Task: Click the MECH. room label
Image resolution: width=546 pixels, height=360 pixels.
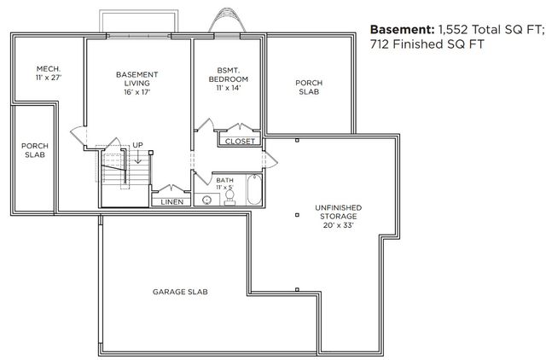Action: (46, 68)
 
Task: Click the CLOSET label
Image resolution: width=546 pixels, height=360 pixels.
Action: (240, 142)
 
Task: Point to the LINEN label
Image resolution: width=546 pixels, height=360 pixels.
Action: (171, 202)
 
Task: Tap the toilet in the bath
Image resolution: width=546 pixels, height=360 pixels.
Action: (229, 198)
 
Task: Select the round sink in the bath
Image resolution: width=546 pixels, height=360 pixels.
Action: (206, 200)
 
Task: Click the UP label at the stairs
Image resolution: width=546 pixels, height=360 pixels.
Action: (137, 145)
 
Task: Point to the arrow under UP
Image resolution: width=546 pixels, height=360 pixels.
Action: (137, 156)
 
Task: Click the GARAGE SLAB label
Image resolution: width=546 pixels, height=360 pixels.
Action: (180, 292)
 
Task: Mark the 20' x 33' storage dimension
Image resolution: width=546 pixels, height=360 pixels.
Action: (338, 227)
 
